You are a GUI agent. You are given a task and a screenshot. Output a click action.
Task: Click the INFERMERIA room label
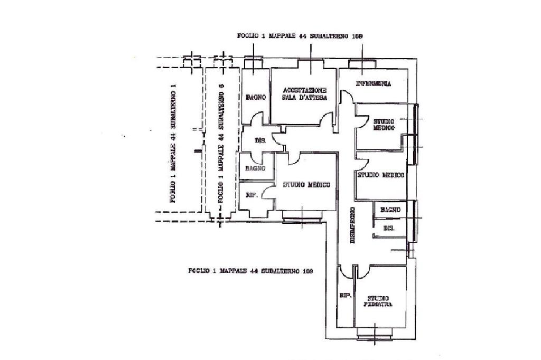pos(373,84)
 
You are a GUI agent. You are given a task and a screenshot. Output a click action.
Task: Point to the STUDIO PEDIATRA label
pos(378,300)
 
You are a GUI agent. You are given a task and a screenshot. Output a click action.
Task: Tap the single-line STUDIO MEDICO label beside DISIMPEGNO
pos(381,175)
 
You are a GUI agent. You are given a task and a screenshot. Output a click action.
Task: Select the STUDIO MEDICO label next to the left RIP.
pos(306,185)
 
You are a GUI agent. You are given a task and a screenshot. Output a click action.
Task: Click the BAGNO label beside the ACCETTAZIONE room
pos(255,97)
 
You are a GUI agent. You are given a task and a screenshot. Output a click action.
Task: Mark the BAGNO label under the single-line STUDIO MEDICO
pos(390,210)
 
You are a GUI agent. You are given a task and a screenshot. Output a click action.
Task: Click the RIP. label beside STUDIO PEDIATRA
pos(345,296)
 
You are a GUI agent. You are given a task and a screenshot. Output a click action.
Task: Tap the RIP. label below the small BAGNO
pos(252,195)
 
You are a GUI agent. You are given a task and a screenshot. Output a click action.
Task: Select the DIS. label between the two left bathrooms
pos(260,141)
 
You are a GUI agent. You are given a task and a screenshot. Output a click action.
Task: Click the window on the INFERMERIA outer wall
pos(362,63)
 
